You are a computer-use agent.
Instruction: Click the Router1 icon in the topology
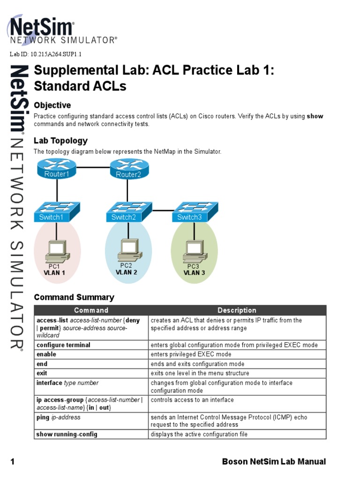[57, 169]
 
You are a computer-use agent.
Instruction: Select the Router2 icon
[128, 169]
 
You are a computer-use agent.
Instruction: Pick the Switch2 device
[127, 212]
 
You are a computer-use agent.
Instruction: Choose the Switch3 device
[193, 212]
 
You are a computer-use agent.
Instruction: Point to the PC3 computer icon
[194, 251]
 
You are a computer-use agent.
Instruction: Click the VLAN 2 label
[127, 272]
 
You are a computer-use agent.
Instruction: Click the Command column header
[91, 310]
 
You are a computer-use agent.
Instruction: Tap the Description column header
[237, 310]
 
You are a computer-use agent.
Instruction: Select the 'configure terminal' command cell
[63, 345]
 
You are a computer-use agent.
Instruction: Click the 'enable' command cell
[46, 354]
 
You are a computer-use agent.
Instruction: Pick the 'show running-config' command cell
[67, 435]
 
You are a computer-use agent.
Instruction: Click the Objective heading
[52, 105]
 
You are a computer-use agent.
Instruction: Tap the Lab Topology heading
[60, 141]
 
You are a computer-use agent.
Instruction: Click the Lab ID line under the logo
[46, 54]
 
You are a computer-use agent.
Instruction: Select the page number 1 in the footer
[13, 462]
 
